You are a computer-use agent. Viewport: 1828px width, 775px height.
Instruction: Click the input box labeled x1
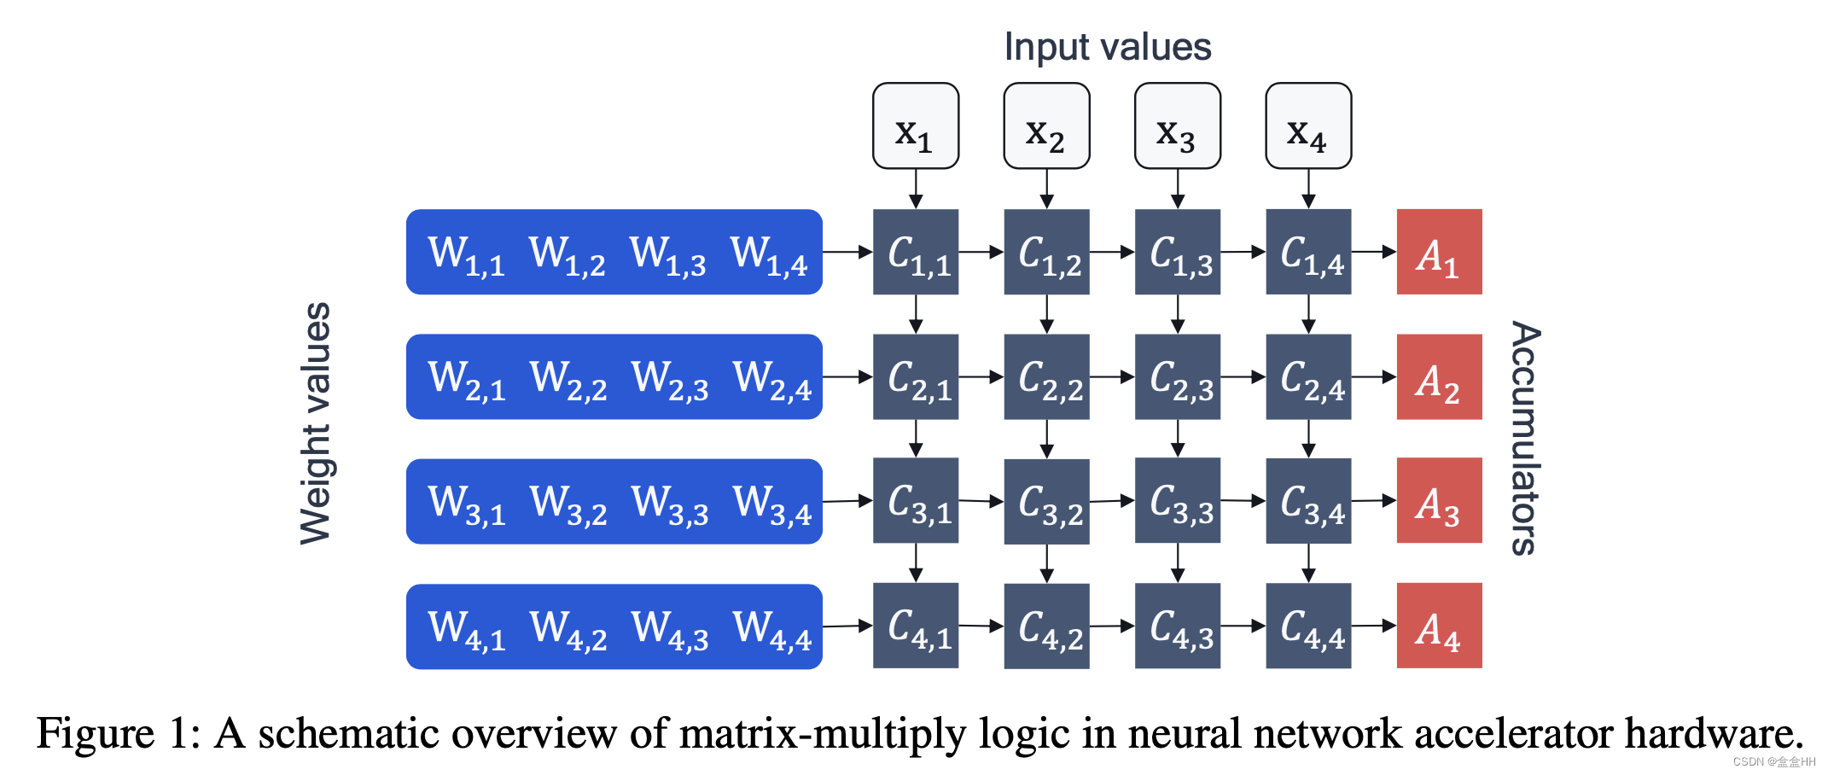point(915,126)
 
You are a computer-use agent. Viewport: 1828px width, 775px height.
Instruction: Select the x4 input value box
point(1307,126)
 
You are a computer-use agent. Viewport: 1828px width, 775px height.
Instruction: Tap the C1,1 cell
point(915,253)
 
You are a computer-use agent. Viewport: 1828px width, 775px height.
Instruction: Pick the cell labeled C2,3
point(1177,377)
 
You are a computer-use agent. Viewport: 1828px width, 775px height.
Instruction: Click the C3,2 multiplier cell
point(1046,502)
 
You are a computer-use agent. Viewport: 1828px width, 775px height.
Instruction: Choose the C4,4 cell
point(1307,626)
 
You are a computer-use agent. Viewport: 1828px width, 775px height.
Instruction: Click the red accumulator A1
point(1439,253)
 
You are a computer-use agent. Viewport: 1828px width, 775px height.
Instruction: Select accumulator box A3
point(1439,502)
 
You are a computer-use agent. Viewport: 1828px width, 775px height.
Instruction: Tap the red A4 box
point(1439,626)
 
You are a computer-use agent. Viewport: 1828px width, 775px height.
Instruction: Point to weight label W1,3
point(667,254)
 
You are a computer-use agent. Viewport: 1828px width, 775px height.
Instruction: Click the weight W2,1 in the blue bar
point(466,379)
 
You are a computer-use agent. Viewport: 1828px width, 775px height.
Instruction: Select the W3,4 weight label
point(771,504)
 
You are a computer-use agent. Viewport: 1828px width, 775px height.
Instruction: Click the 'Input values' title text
point(1107,47)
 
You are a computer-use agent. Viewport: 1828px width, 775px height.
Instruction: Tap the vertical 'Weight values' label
point(316,422)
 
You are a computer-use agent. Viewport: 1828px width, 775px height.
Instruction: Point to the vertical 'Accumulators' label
point(1526,438)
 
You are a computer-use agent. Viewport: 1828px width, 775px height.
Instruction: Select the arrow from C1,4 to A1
point(1373,252)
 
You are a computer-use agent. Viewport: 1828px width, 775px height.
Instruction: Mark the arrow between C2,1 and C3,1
point(916,439)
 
